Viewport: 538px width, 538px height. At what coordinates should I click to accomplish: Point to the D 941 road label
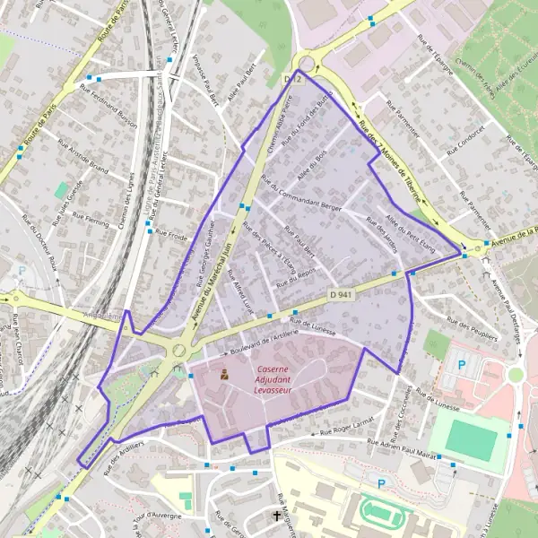pyautogui.click(x=339, y=294)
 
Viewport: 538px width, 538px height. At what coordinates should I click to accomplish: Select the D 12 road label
pyautogui.click(x=290, y=80)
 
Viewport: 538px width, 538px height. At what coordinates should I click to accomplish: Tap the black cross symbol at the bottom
pyautogui.click(x=276, y=516)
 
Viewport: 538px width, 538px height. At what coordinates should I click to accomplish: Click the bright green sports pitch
pyautogui.click(x=472, y=439)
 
